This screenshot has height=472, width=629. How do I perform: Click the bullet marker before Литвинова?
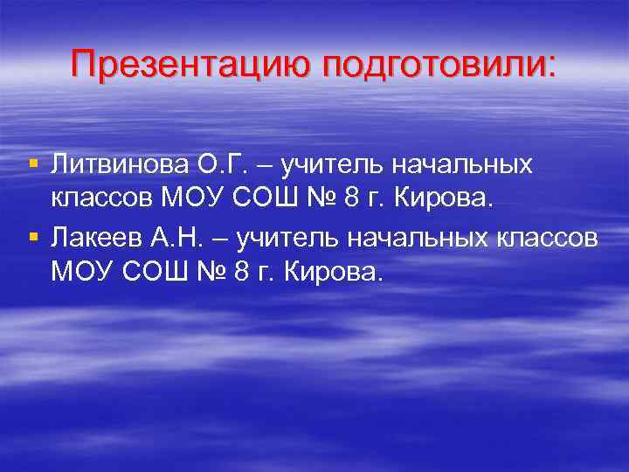coord(32,163)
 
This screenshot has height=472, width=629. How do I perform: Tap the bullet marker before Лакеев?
coord(32,237)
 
